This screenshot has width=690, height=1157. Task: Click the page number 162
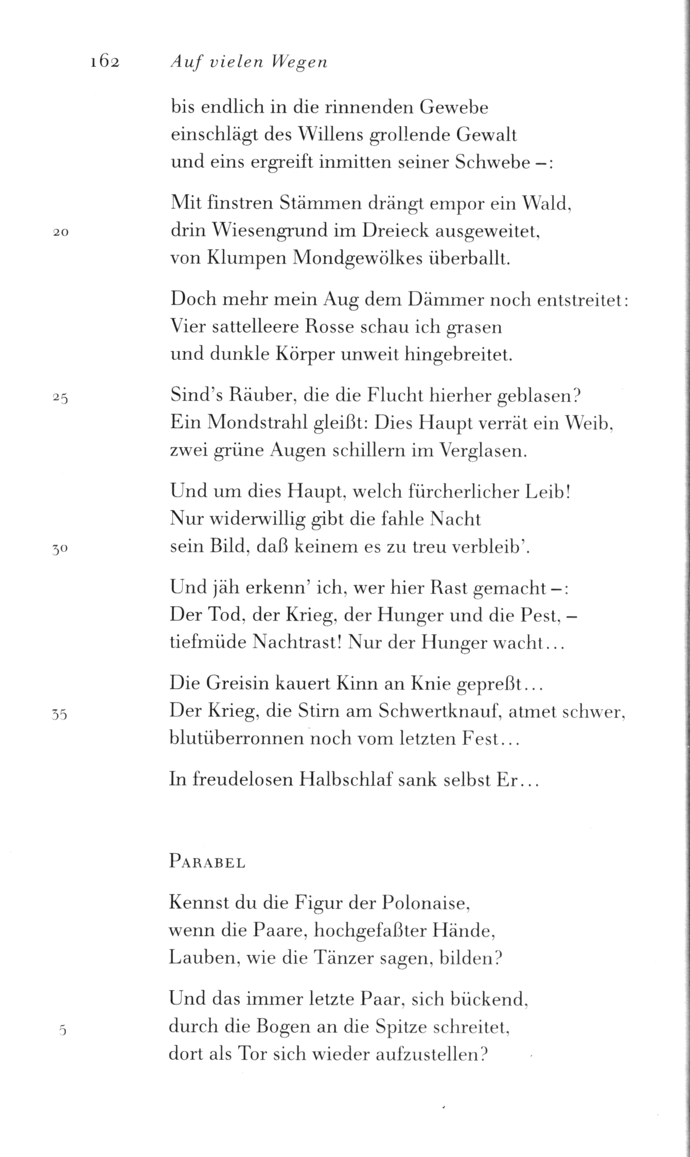(104, 62)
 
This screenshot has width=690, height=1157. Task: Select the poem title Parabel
(207, 863)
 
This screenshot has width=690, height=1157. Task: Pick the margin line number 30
(60, 549)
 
